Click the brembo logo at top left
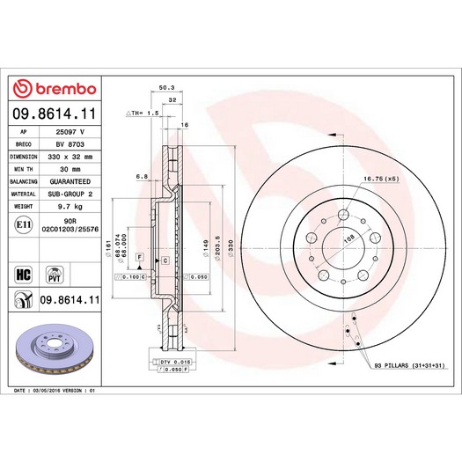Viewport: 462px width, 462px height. (55, 89)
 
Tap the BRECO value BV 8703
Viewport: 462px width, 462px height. (70, 143)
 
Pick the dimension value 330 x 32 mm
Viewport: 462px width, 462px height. (70, 155)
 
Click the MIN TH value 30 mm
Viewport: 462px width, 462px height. (70, 168)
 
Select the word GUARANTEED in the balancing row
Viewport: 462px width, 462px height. (70, 180)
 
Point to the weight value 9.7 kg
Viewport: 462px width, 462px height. (70, 206)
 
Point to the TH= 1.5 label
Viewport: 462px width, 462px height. (142, 114)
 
